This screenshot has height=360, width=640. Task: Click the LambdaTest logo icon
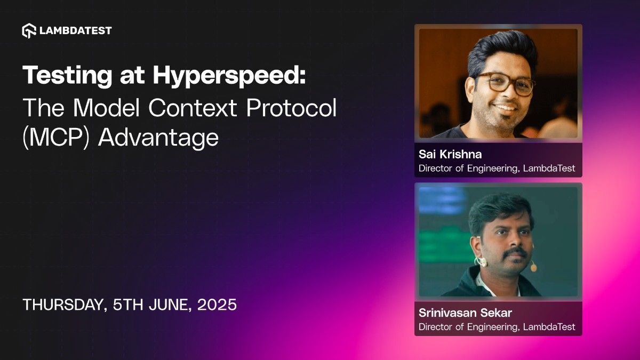(29, 30)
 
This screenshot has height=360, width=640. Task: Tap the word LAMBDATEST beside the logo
(75, 30)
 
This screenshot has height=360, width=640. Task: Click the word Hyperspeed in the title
(230, 77)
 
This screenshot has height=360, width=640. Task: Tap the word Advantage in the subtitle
(158, 137)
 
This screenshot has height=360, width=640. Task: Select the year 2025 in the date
(217, 305)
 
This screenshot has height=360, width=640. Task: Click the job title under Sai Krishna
(497, 168)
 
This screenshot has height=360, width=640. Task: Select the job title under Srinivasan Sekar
(497, 326)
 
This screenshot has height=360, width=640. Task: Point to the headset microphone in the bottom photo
(533, 267)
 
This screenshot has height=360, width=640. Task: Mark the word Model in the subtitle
(107, 108)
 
